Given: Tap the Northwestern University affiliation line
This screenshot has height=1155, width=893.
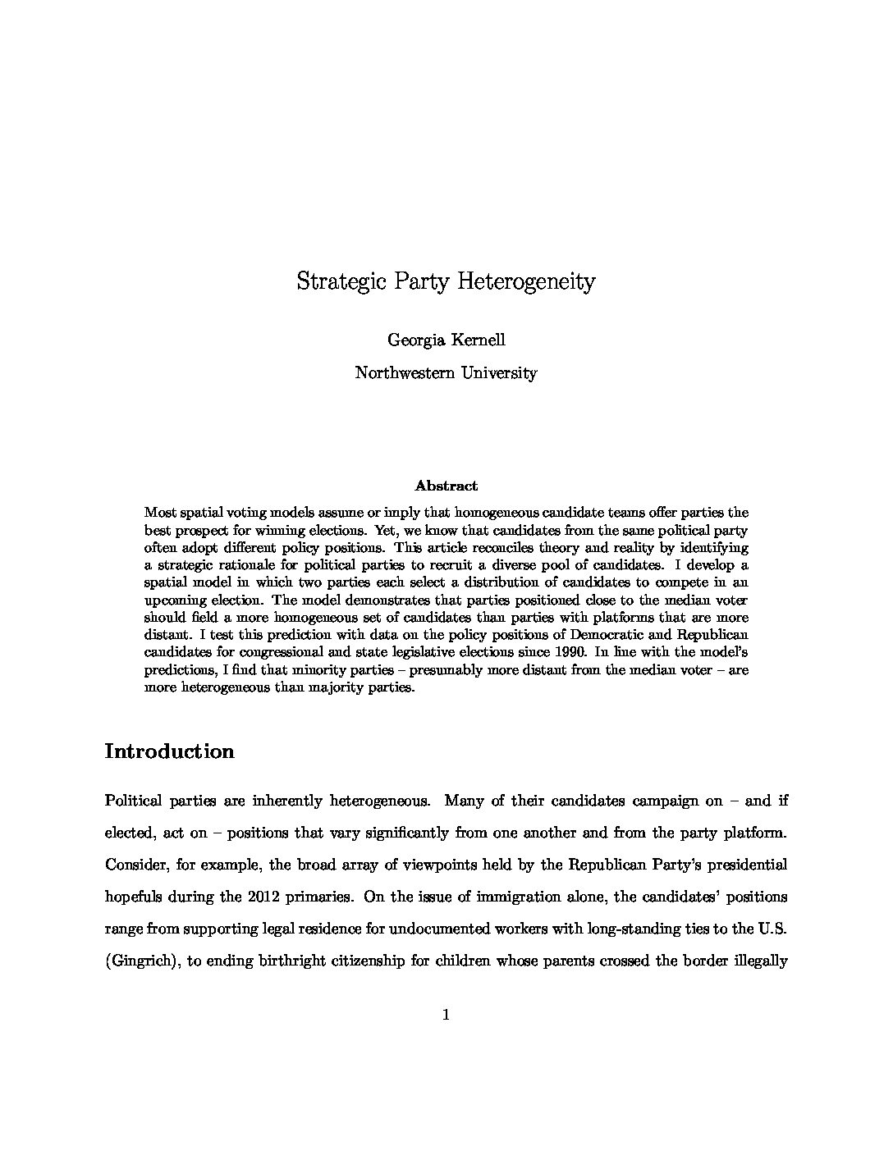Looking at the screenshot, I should click(x=446, y=373).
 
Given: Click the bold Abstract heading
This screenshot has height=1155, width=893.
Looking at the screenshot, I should click(x=446, y=486).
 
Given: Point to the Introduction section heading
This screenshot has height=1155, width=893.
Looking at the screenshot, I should click(x=169, y=751).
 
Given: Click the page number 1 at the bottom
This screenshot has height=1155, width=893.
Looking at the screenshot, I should click(x=446, y=1015).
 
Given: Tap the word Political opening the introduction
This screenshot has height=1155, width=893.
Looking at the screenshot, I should click(x=133, y=800).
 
